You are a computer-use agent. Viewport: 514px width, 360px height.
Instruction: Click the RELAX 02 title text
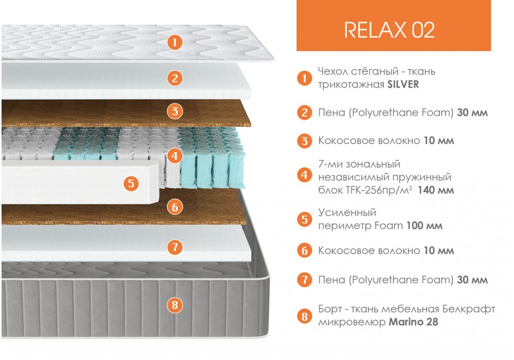[x=389, y=30]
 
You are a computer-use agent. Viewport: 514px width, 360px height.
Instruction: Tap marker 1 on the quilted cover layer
[x=175, y=42]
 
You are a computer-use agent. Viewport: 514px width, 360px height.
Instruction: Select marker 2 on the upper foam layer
[x=175, y=78]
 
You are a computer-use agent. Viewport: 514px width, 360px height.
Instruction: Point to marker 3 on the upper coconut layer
[x=175, y=111]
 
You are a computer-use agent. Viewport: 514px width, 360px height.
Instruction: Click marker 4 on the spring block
[x=175, y=155]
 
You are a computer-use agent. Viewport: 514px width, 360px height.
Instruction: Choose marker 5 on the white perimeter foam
[x=131, y=183]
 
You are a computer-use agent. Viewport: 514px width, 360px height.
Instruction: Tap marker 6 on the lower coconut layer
[x=175, y=207]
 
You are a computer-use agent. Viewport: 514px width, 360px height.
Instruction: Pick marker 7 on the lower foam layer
[x=175, y=247]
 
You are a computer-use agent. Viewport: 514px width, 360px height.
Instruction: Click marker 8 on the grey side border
[x=175, y=305]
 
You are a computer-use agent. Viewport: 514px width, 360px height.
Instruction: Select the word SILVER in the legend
[x=403, y=84]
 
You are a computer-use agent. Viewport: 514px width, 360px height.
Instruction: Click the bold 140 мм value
[x=436, y=190]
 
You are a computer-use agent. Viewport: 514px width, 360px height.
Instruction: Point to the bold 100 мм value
[x=425, y=226]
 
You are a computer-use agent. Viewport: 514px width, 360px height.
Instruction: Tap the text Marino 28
[x=413, y=322]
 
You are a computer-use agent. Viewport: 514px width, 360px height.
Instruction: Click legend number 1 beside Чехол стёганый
[x=304, y=78]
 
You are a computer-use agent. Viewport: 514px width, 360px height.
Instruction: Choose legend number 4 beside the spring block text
[x=304, y=175]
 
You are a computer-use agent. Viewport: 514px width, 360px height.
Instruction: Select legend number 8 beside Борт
[x=304, y=316]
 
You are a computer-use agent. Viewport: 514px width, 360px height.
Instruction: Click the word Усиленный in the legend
[x=347, y=213]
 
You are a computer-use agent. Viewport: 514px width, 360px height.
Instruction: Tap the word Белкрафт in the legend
[x=468, y=309]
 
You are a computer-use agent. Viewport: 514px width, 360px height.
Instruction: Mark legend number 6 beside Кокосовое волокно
[x=304, y=251]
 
